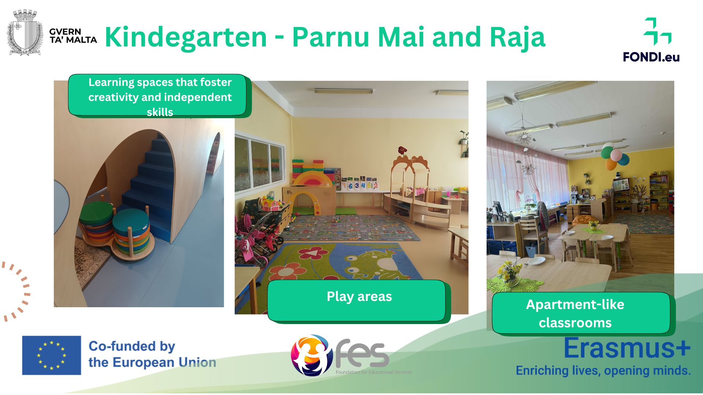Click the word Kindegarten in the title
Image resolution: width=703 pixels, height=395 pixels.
[186, 37]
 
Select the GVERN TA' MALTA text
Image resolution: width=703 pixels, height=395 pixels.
[73, 36]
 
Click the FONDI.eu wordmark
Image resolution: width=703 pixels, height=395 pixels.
[651, 57]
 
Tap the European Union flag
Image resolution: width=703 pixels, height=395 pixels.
[52, 355]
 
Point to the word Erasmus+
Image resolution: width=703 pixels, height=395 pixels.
[627, 348]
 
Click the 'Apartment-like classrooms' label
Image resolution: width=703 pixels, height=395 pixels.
[581, 313]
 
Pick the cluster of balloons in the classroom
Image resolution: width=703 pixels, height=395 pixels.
[614, 156]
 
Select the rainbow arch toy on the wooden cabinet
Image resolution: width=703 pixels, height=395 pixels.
[313, 178]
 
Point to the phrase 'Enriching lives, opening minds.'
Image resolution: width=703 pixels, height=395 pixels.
[603, 370]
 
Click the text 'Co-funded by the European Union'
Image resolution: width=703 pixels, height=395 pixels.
[152, 354]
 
